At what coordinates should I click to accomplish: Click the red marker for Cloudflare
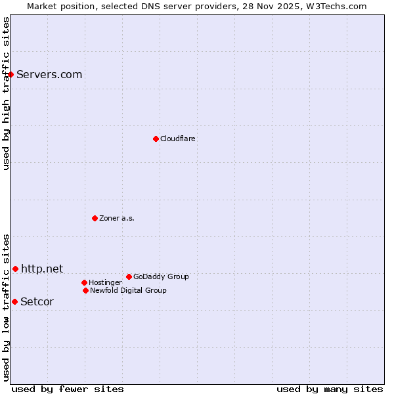[156, 139]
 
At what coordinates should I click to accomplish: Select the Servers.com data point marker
[11, 74]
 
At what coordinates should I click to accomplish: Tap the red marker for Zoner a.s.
[95, 218]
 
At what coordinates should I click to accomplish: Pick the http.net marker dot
[15, 269]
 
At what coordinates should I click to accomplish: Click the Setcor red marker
[14, 301]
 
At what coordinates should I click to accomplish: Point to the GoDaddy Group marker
[129, 276]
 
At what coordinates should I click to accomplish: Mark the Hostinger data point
[84, 282]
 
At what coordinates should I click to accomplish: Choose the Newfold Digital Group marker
[85, 290]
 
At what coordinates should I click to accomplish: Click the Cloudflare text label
[178, 139]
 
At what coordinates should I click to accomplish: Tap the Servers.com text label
[49, 74]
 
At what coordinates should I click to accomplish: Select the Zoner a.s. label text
[117, 218]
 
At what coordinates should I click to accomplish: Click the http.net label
[42, 269]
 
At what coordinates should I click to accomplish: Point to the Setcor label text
[37, 301]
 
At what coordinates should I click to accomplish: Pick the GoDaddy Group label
[161, 276]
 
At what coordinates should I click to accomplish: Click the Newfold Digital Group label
[128, 290]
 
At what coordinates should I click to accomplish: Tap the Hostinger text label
[105, 282]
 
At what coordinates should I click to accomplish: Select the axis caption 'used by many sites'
[330, 389]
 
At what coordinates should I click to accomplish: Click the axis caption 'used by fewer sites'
[68, 389]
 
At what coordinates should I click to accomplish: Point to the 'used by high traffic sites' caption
[6, 93]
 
